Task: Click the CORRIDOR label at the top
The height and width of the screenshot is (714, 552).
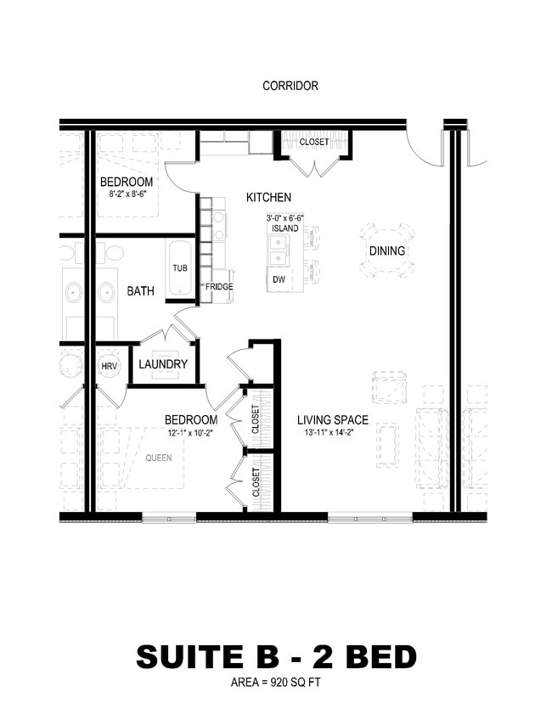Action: point(290,86)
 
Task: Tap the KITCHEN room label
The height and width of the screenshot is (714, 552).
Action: point(268,197)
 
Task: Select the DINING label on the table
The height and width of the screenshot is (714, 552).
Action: point(386,251)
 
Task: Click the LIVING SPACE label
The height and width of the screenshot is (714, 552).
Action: point(333,419)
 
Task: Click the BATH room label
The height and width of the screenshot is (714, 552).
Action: point(141,291)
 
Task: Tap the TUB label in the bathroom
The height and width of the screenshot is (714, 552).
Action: point(180,268)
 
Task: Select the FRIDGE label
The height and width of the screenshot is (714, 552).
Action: point(218,287)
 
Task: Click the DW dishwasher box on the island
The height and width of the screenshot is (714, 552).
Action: point(279,279)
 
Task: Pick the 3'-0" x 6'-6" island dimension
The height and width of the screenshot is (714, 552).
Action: point(284,218)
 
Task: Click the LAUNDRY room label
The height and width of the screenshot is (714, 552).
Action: point(163,364)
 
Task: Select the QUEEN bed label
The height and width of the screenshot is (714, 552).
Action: point(158,458)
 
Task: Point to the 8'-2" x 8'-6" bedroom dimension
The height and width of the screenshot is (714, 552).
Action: point(127,194)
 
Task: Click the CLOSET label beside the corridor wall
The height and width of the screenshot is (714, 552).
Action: point(313,142)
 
